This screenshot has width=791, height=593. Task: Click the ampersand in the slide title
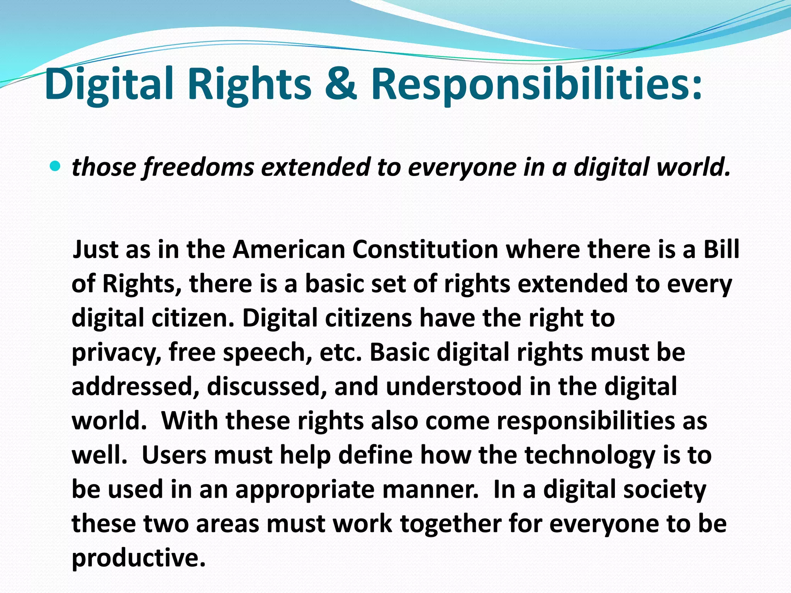coord(340,84)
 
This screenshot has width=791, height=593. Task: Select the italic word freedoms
coord(198,168)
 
